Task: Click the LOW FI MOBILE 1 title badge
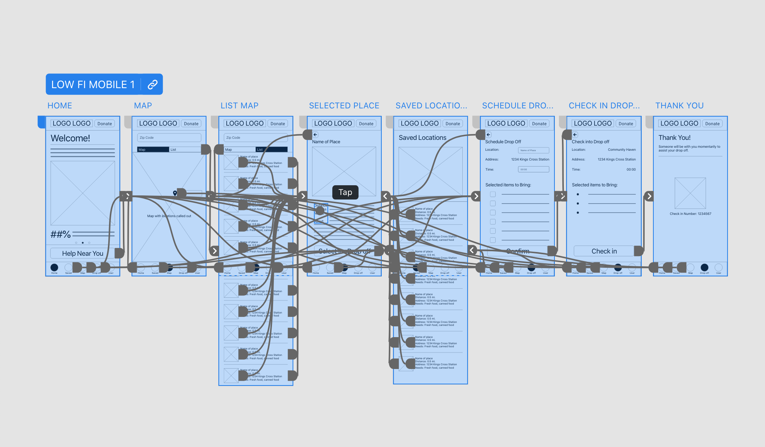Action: pos(93,84)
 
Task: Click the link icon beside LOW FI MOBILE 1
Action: pos(152,84)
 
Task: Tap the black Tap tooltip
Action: pos(345,192)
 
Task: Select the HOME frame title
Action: pos(60,106)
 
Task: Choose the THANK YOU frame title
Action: pos(679,106)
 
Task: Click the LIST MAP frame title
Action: pos(239,106)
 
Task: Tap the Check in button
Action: pos(604,251)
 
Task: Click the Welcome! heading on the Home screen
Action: pos(70,138)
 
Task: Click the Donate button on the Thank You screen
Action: pos(712,124)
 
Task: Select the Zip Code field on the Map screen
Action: pos(169,138)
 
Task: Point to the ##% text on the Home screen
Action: pos(61,235)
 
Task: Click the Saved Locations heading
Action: pos(422,138)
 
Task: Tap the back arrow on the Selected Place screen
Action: pos(315,135)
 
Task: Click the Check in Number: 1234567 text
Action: pos(690,214)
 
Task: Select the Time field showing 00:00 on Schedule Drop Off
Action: pos(533,169)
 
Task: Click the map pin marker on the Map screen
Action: pos(175,193)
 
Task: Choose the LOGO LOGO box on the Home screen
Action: pos(72,123)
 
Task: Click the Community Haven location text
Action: pos(622,150)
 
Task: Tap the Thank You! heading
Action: pos(674,138)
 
